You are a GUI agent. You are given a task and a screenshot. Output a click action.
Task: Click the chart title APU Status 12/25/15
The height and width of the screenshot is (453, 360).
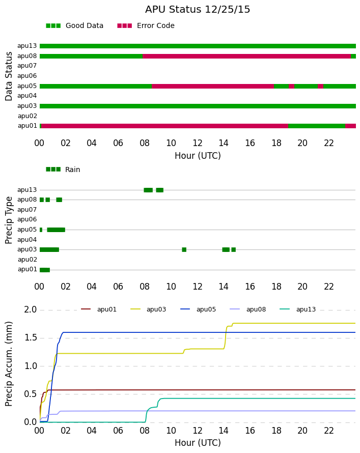(x=198, y=10)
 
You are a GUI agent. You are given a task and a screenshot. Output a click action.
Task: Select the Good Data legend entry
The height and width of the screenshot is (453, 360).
(x=74, y=26)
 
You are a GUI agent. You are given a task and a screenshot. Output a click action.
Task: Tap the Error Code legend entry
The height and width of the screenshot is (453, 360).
(x=146, y=26)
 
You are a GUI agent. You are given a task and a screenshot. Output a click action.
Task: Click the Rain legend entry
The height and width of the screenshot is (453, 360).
(x=63, y=169)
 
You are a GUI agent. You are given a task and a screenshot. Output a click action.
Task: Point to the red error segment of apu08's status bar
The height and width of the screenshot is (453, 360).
(x=246, y=56)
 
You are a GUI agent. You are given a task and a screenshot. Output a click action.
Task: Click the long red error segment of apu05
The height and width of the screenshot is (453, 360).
(x=213, y=87)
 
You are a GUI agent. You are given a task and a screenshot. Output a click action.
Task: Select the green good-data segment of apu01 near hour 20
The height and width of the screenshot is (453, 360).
(x=317, y=126)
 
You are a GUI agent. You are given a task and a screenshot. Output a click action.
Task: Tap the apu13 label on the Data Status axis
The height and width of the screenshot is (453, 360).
(x=27, y=46)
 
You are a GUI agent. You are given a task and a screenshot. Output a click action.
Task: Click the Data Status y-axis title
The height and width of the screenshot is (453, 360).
(x=9, y=76)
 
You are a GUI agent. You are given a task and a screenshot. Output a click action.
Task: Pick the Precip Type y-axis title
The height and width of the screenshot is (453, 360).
(x=9, y=220)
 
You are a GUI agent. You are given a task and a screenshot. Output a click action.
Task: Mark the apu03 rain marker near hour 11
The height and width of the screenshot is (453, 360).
(x=184, y=249)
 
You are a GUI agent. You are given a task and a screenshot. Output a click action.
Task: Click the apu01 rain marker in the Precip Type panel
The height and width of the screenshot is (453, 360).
(x=45, y=270)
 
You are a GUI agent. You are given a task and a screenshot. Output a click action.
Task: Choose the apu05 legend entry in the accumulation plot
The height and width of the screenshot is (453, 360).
(x=198, y=309)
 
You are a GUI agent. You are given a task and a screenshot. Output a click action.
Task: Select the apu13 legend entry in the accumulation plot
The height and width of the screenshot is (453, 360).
(x=298, y=309)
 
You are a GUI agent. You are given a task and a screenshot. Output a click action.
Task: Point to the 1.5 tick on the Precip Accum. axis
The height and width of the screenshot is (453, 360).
(x=31, y=338)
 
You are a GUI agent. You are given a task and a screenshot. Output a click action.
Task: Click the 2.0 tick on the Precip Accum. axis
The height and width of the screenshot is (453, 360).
(x=31, y=309)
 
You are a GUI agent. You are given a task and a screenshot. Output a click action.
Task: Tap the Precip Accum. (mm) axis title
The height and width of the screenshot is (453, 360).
(x=9, y=364)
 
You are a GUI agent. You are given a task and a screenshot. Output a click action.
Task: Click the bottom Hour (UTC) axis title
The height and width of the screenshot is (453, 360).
(x=198, y=443)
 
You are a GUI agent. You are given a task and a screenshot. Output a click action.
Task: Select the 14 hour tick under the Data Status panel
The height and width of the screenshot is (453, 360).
(x=224, y=143)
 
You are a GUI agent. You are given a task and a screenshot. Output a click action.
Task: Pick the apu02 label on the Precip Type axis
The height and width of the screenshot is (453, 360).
(x=27, y=260)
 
